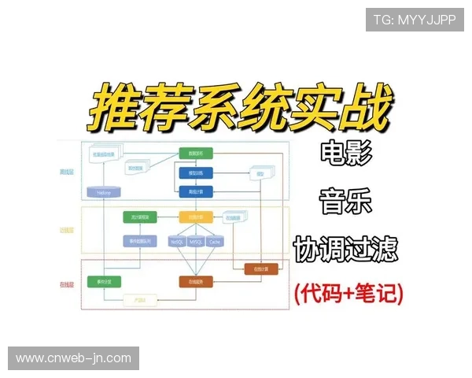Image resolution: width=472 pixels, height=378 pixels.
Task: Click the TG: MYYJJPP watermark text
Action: click(414, 19)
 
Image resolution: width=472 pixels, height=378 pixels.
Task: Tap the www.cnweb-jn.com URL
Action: click(74, 358)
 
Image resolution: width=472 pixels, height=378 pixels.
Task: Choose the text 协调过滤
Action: click(345, 248)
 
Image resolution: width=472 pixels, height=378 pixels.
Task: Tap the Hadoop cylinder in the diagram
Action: click(104, 191)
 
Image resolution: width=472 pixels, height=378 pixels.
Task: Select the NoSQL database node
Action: click(176, 242)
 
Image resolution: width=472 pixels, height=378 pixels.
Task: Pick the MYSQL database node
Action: click(195, 242)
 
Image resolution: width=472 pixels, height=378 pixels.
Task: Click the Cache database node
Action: click(214, 242)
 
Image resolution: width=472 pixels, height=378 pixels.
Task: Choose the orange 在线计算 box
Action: click(261, 269)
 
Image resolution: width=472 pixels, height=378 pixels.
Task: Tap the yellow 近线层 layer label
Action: click(67, 230)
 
